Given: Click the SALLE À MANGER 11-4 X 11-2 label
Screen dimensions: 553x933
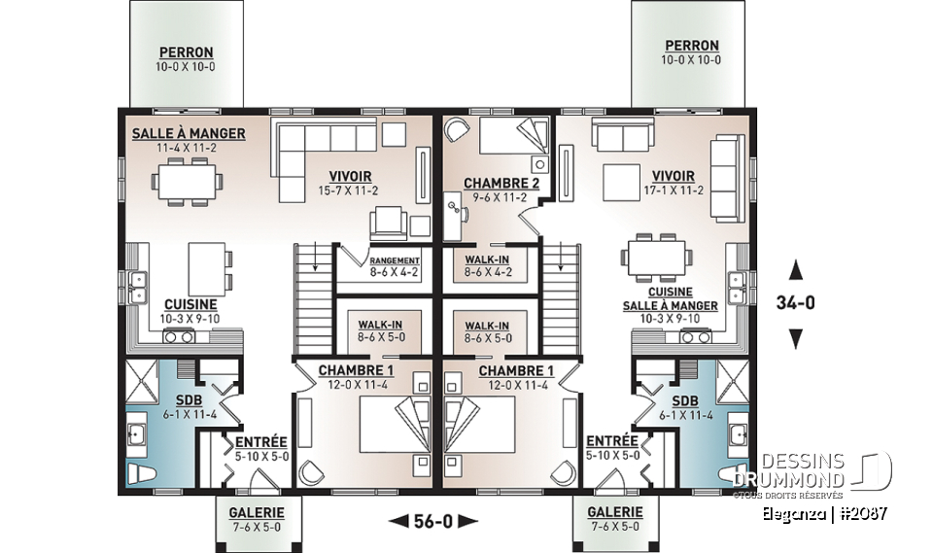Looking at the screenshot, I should tap(189, 140).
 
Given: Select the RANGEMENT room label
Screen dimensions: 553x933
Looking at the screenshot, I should tap(394, 266).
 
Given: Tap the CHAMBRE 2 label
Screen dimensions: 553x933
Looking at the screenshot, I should tap(495, 190).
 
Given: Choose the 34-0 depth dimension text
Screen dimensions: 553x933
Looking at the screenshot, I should tap(795, 303).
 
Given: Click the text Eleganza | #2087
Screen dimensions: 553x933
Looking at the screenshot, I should tap(828, 512).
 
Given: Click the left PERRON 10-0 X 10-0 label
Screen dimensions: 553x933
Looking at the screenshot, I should tap(187, 58).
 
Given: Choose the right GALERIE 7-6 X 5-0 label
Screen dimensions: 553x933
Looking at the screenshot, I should tap(615, 518).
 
